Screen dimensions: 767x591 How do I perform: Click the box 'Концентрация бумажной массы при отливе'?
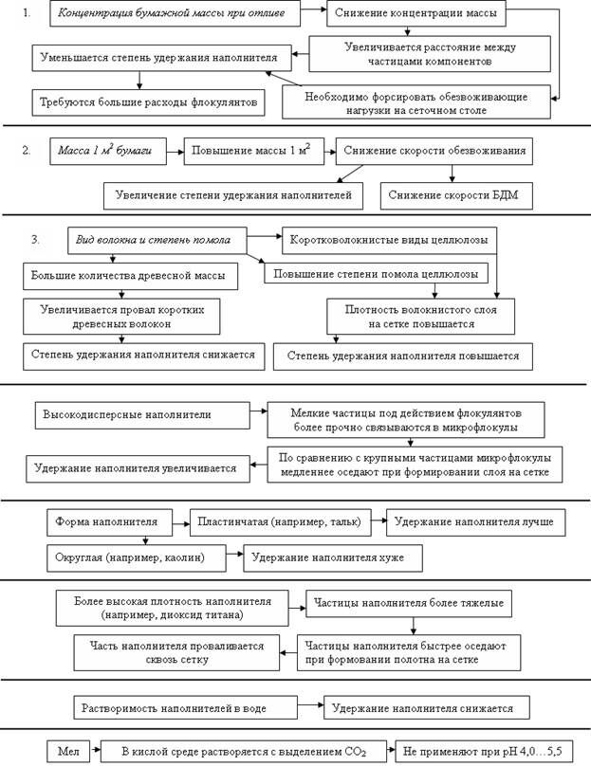pos(177,15)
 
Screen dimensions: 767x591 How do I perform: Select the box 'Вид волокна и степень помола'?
pos(158,240)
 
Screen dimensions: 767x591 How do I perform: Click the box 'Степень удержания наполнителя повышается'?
pos(402,356)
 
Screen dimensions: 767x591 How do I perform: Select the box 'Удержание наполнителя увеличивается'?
pos(138,467)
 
